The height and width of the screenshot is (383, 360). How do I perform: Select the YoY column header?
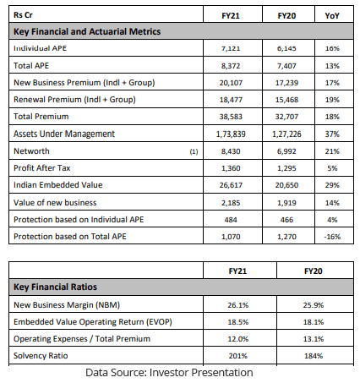(x=332, y=15)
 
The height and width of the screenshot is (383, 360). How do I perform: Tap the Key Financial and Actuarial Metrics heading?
(x=87, y=31)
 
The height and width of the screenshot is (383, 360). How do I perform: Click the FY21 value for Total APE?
(x=231, y=66)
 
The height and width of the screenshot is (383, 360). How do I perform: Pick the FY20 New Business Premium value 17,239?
(x=286, y=83)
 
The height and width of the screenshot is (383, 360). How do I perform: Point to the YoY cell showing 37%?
(x=332, y=134)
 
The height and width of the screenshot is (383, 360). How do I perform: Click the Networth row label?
(x=31, y=151)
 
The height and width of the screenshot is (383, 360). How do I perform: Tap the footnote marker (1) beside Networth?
(x=194, y=151)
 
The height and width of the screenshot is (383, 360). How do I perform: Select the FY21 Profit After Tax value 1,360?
(x=231, y=168)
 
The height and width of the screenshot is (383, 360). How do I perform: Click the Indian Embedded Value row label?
(x=58, y=185)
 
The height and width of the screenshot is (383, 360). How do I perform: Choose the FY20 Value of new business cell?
(x=286, y=203)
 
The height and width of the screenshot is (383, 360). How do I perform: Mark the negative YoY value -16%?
(x=332, y=237)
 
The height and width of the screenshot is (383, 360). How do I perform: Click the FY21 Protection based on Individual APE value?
(x=231, y=220)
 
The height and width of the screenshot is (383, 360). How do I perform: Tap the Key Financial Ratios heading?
(x=55, y=287)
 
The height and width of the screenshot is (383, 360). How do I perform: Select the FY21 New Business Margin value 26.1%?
(x=238, y=305)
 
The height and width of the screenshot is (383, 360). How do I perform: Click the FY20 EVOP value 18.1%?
(x=314, y=322)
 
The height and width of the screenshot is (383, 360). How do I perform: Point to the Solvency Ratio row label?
(x=41, y=356)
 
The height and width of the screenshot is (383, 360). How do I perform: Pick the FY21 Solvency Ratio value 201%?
(x=238, y=356)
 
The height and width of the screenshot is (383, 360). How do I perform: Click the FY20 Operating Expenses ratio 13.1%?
(x=314, y=339)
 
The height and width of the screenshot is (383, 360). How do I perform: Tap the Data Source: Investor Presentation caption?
(x=169, y=373)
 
